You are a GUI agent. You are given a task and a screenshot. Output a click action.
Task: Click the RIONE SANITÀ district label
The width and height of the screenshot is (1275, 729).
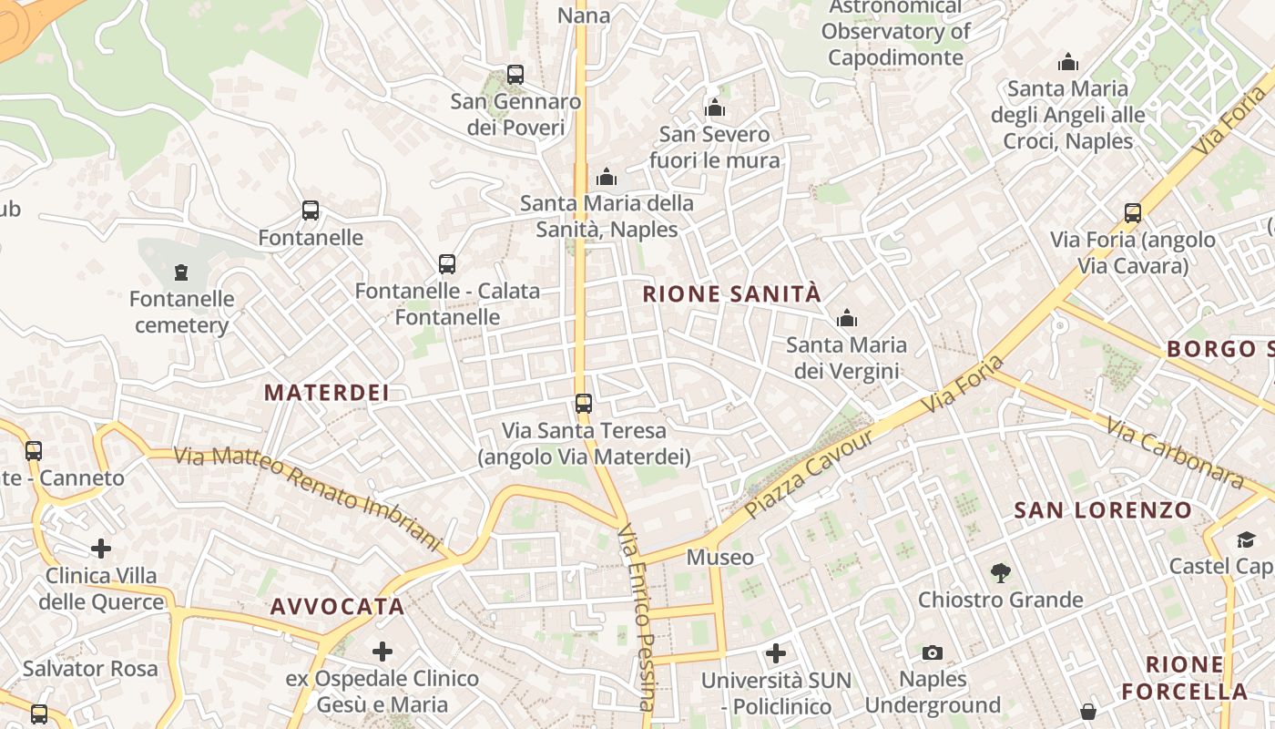click(x=732, y=293)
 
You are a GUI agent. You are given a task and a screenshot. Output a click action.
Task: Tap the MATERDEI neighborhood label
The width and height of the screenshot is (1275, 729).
click(x=327, y=393)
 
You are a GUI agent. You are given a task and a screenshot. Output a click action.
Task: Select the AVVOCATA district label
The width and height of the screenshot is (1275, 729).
click(x=337, y=606)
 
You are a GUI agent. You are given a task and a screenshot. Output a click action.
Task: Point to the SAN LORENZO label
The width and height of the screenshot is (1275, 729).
click(x=1103, y=510)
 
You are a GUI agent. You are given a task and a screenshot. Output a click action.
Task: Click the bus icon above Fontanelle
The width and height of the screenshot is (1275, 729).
click(x=311, y=210)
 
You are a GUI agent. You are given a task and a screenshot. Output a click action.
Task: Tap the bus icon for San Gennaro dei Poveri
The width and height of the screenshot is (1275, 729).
click(x=515, y=75)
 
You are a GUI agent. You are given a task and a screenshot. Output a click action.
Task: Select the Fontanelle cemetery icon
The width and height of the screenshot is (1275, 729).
click(x=181, y=272)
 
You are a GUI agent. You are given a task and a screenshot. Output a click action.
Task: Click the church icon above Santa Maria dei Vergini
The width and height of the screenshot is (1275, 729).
click(x=847, y=318)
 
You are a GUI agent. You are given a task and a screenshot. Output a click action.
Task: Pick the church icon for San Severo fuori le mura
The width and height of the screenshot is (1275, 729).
click(x=715, y=108)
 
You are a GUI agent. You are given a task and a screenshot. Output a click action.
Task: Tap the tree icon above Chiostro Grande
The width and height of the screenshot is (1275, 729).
click(x=1001, y=572)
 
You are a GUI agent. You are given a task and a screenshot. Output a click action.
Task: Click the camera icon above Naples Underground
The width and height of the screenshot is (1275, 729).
click(x=932, y=652)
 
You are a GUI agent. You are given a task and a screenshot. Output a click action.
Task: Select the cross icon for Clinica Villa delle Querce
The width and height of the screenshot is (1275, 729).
click(x=101, y=549)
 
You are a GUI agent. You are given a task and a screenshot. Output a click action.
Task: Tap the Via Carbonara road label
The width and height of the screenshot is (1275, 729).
click(x=1174, y=453)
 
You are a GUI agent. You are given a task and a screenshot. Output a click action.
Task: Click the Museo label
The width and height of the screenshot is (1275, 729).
click(x=720, y=557)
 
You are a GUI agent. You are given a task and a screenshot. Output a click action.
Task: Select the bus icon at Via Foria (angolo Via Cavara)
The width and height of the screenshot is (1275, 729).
click(x=1133, y=213)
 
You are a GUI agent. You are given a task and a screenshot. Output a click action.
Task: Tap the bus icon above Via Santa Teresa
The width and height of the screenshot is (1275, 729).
click(x=584, y=403)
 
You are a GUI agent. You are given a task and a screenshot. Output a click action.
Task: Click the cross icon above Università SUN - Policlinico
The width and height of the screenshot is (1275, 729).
click(x=776, y=652)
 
